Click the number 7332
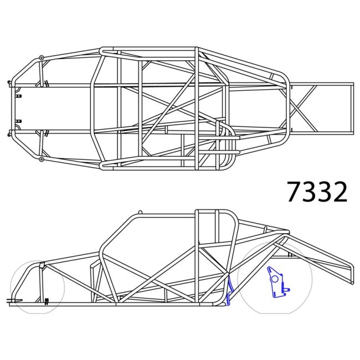pos(317,191)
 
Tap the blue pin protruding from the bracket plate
pos(287,289)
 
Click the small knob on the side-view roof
pos(140,212)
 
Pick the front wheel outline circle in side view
pos(38,286)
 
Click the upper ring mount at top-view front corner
pos(42,56)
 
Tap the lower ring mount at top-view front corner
pos(42,160)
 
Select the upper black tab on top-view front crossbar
pos(18,96)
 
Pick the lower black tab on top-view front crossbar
pos(18,121)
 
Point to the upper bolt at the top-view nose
pos(10,84)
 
